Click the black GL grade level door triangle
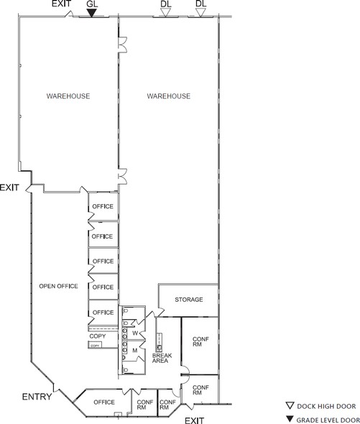click(92, 13)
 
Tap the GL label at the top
click(92, 4)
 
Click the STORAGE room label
click(189, 300)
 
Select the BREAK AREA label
click(162, 358)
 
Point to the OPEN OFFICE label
click(58, 286)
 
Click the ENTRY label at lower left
click(37, 397)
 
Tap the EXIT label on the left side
click(9, 188)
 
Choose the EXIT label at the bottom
click(194, 420)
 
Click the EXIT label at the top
click(61, 4)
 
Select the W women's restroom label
click(135, 333)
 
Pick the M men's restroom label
click(135, 351)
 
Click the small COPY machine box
click(95, 345)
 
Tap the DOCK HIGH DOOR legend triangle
click(290, 405)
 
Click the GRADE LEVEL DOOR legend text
click(328, 420)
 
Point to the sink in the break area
click(159, 348)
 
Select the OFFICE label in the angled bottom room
click(104, 402)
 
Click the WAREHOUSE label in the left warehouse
click(68, 96)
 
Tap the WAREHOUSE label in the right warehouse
click(169, 96)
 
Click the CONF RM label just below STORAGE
click(200, 341)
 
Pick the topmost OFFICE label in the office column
click(103, 206)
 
